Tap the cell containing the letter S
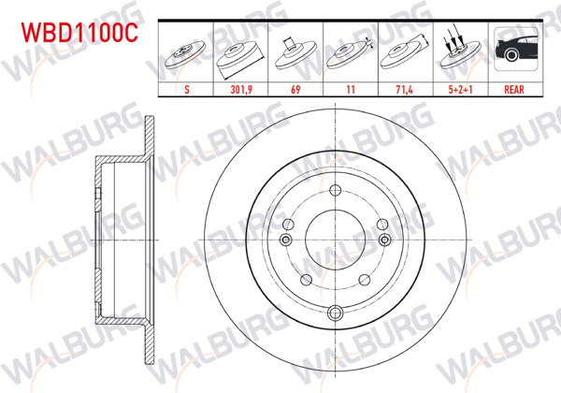click(186, 92)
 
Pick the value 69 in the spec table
click(295, 92)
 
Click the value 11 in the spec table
click(350, 92)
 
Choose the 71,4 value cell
click(404, 92)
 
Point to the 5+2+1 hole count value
click(458, 92)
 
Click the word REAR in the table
click(513, 92)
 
